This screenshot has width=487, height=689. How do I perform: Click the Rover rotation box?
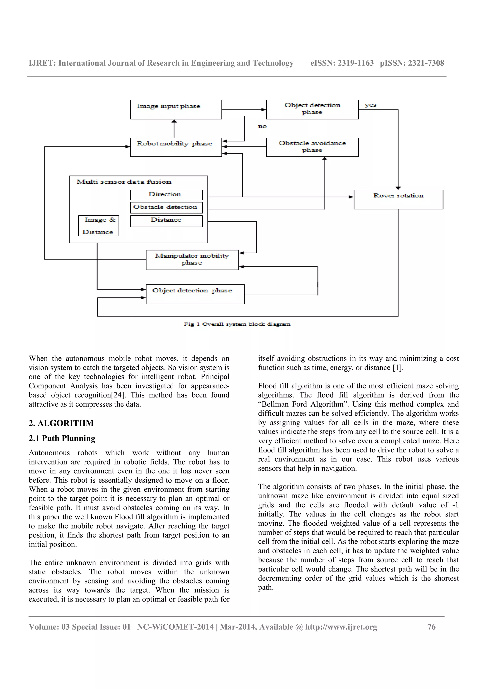coord(398,199)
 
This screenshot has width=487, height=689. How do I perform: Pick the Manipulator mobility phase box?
coord(192,260)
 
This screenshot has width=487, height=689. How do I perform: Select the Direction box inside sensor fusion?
coord(166,195)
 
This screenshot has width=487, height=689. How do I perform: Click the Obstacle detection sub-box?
coord(166,207)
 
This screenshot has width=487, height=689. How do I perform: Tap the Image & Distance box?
coord(98,226)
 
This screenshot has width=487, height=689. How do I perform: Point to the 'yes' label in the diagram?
coord(370,105)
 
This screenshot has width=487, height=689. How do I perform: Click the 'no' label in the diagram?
coord(262,126)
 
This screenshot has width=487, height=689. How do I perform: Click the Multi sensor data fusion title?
coord(124,182)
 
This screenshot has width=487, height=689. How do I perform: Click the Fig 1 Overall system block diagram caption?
coord(237,324)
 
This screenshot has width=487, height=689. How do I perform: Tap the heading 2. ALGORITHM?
coord(61,423)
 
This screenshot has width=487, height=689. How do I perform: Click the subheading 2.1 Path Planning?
coord(62,438)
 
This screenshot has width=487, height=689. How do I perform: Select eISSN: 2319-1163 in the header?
coord(342,63)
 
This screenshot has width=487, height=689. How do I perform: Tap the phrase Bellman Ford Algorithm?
coord(305,404)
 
